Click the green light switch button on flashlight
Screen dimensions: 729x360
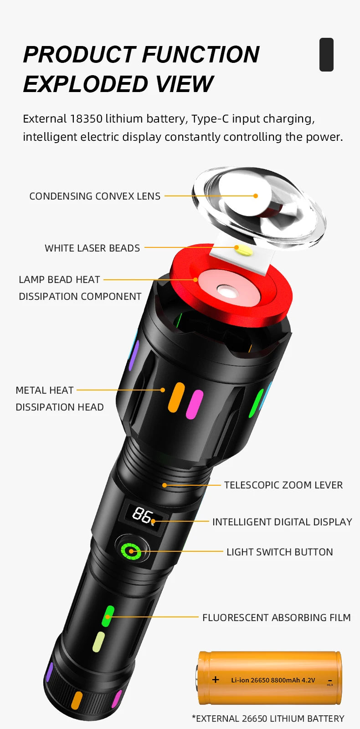point(131,551)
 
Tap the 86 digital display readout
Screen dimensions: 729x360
point(142,516)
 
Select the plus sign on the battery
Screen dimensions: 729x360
point(216,680)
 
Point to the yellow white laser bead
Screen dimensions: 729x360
point(240,248)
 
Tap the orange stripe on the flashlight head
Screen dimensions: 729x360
point(176,397)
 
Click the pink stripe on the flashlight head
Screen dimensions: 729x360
point(194,404)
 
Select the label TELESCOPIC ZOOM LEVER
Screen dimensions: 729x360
point(283,485)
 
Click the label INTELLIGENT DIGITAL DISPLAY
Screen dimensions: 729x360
point(282,522)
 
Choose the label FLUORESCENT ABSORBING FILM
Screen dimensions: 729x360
point(276,618)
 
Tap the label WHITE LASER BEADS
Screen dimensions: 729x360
point(92,248)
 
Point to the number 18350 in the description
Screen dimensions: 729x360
point(86,119)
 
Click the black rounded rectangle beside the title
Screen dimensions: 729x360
point(326,55)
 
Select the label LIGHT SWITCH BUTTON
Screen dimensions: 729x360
point(279,552)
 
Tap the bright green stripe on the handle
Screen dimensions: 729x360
point(108,616)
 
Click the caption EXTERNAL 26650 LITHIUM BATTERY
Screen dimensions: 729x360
point(268,719)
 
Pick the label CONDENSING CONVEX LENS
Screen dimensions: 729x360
point(95,196)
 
